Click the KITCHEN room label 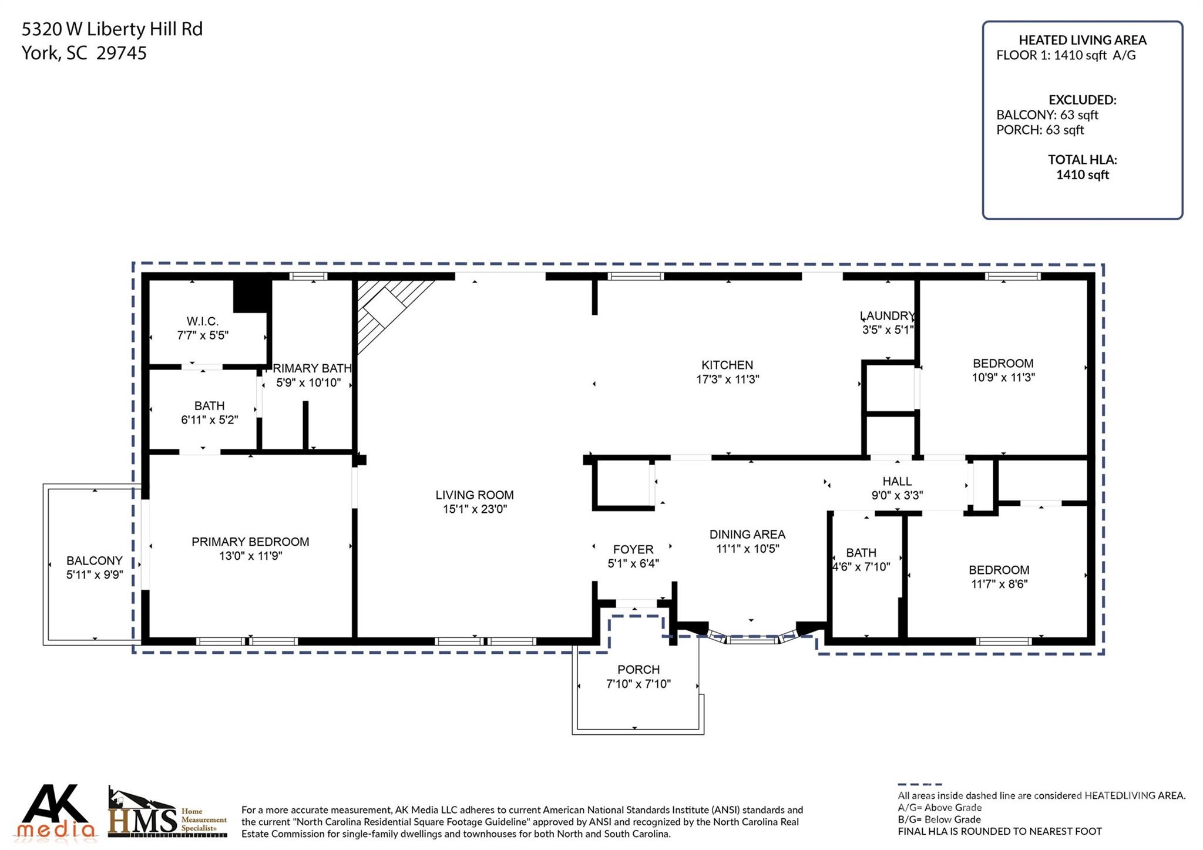pyautogui.click(x=727, y=365)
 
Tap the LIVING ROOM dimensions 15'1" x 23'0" pyautogui.click(x=475, y=509)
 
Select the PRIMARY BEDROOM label pyautogui.click(x=250, y=542)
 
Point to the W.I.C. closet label pyautogui.click(x=203, y=321)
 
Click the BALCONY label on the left pyautogui.click(x=95, y=560)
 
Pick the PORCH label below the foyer pyautogui.click(x=638, y=670)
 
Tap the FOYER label pyautogui.click(x=633, y=549)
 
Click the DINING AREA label pyautogui.click(x=747, y=534)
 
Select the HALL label pyautogui.click(x=897, y=482)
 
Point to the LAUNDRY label pyautogui.click(x=887, y=316)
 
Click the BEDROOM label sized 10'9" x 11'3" pyautogui.click(x=1003, y=364)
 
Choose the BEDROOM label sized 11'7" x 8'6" pyautogui.click(x=999, y=570)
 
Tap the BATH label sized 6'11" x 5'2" pyautogui.click(x=209, y=406)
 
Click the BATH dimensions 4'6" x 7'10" pyautogui.click(x=861, y=567)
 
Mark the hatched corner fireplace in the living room pyautogui.click(x=385, y=308)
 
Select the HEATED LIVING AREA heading pyautogui.click(x=1082, y=40)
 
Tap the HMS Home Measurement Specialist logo pyautogui.click(x=167, y=814)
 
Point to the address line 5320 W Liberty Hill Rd pyautogui.click(x=112, y=29)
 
